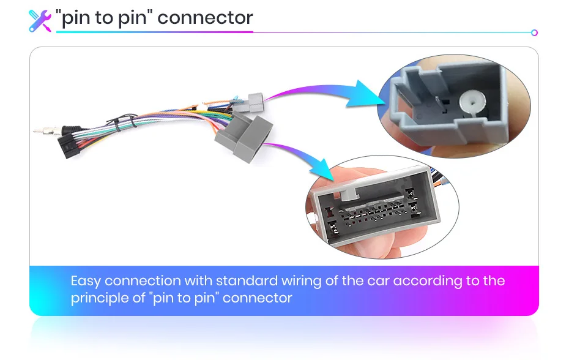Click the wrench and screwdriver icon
click(x=40, y=20)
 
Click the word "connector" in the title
click(x=205, y=18)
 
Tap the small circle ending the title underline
click(x=534, y=32)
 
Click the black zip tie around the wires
click(x=117, y=127)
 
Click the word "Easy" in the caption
click(x=85, y=282)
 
